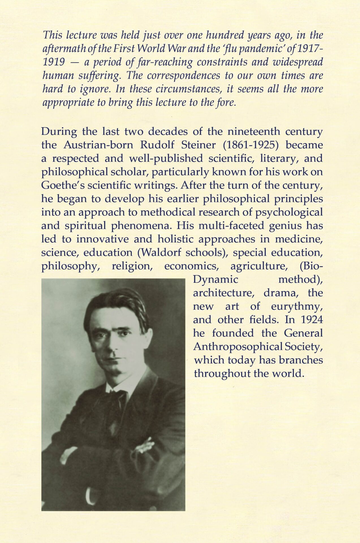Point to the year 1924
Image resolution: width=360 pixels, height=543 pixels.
coord(312,320)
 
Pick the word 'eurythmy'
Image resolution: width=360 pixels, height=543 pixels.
coord(297,306)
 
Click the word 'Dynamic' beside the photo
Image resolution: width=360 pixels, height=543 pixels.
coord(215,279)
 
